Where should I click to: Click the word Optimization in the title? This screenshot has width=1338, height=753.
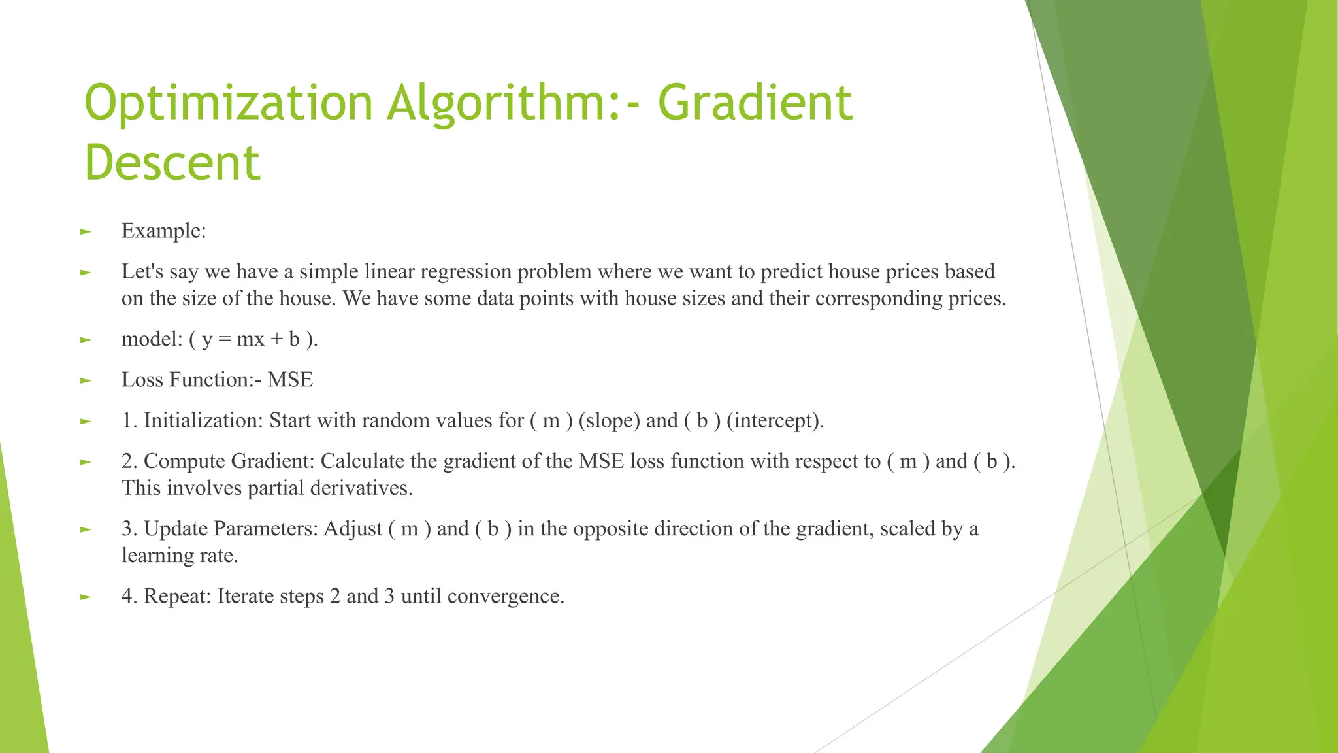tap(228, 103)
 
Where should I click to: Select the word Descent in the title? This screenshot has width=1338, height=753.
tap(172, 163)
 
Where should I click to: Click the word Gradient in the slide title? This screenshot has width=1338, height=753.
tap(755, 103)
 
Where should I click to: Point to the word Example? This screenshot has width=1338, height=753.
tap(163, 231)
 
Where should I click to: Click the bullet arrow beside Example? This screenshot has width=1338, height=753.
tap(85, 231)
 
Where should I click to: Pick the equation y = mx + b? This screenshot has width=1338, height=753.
tap(251, 339)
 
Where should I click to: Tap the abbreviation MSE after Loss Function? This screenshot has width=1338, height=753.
tap(290, 380)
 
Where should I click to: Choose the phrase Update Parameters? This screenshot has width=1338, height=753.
tap(231, 529)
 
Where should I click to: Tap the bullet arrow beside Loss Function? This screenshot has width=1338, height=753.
tap(85, 380)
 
